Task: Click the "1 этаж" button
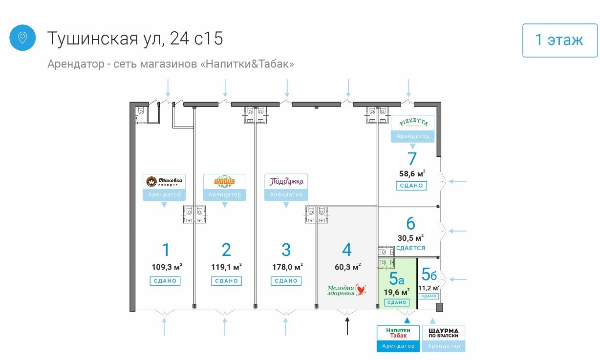click(559, 40)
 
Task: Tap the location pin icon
click(22, 38)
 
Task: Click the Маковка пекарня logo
click(164, 182)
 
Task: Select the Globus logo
click(225, 182)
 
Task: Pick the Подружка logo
click(286, 182)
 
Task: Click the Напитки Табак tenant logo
click(398, 333)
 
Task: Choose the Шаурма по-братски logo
click(444, 333)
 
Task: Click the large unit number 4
click(347, 250)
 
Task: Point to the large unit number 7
click(412, 159)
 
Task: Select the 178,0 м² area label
click(287, 267)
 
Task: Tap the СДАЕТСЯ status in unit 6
click(410, 248)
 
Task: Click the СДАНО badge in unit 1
click(165, 281)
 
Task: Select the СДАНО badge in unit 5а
click(396, 303)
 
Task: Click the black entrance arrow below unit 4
click(347, 326)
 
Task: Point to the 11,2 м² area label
click(429, 288)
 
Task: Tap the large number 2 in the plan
click(226, 250)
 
